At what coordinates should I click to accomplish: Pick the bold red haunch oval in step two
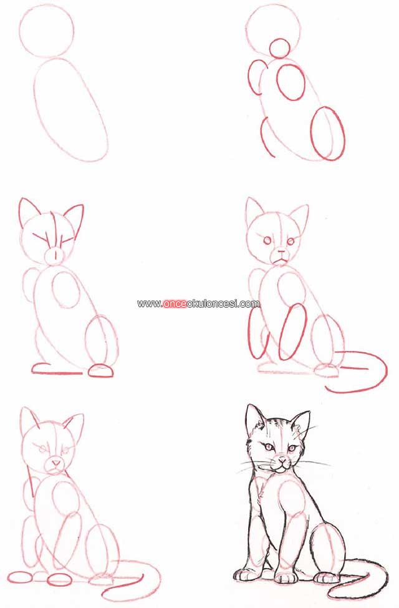coord(312,134)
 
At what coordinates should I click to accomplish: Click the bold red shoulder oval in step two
coord(278,81)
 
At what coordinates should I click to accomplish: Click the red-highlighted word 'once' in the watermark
coord(175,303)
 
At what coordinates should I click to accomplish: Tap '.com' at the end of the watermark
coord(249,303)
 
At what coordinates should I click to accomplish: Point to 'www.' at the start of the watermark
coord(150,304)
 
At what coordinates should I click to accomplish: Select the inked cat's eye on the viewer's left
coord(268,448)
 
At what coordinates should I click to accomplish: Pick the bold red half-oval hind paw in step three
coord(101,371)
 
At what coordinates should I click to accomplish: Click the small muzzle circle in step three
coord(55,255)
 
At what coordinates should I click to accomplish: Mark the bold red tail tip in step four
coord(329,388)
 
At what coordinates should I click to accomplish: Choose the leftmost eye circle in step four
coord(267,240)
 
